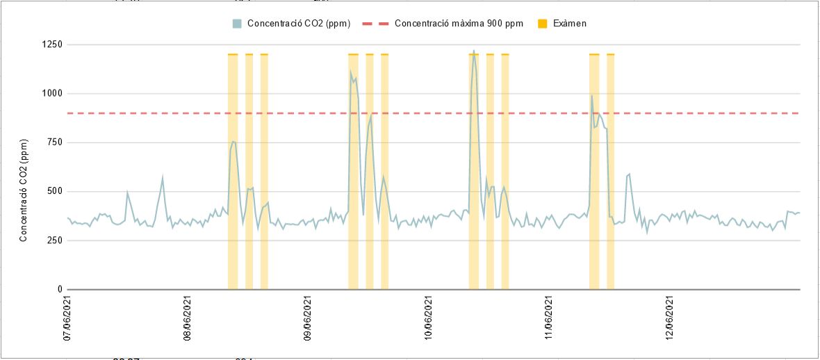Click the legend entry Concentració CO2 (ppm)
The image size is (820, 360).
(298, 24)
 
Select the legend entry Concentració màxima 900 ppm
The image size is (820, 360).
(459, 24)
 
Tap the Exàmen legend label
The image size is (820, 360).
(570, 24)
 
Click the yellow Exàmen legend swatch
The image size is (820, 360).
(543, 24)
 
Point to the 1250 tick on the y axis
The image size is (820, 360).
(51, 44)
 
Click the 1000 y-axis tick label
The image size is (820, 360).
(51, 93)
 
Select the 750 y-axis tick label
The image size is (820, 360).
(54, 142)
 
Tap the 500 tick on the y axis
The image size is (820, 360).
(54, 191)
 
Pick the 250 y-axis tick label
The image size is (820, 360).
(54, 240)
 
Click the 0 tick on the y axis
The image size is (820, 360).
(60, 289)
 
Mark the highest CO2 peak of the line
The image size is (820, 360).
(474, 51)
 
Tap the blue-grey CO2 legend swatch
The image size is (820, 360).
(237, 24)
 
